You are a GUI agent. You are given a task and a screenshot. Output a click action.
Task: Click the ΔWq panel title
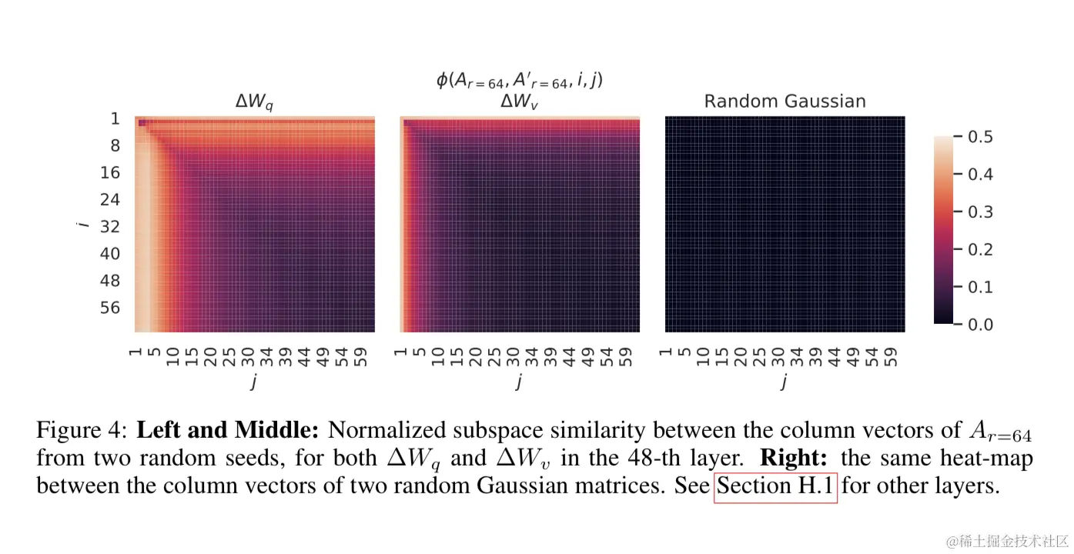254,102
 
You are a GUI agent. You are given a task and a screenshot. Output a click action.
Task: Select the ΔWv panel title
520,102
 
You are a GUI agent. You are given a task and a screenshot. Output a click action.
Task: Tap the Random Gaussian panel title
785,101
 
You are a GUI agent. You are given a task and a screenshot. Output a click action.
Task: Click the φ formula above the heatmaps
519,79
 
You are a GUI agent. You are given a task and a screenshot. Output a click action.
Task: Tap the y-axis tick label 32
111,226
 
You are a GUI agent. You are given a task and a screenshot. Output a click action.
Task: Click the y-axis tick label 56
111,308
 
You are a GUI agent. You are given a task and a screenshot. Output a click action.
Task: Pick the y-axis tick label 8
115,145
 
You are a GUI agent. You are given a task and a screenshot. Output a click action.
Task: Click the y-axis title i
82,224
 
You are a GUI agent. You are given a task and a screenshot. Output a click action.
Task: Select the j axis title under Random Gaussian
785,382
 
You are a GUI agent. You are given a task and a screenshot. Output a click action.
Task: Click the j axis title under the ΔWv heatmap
520,382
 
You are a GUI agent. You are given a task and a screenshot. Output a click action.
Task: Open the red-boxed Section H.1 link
775,487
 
